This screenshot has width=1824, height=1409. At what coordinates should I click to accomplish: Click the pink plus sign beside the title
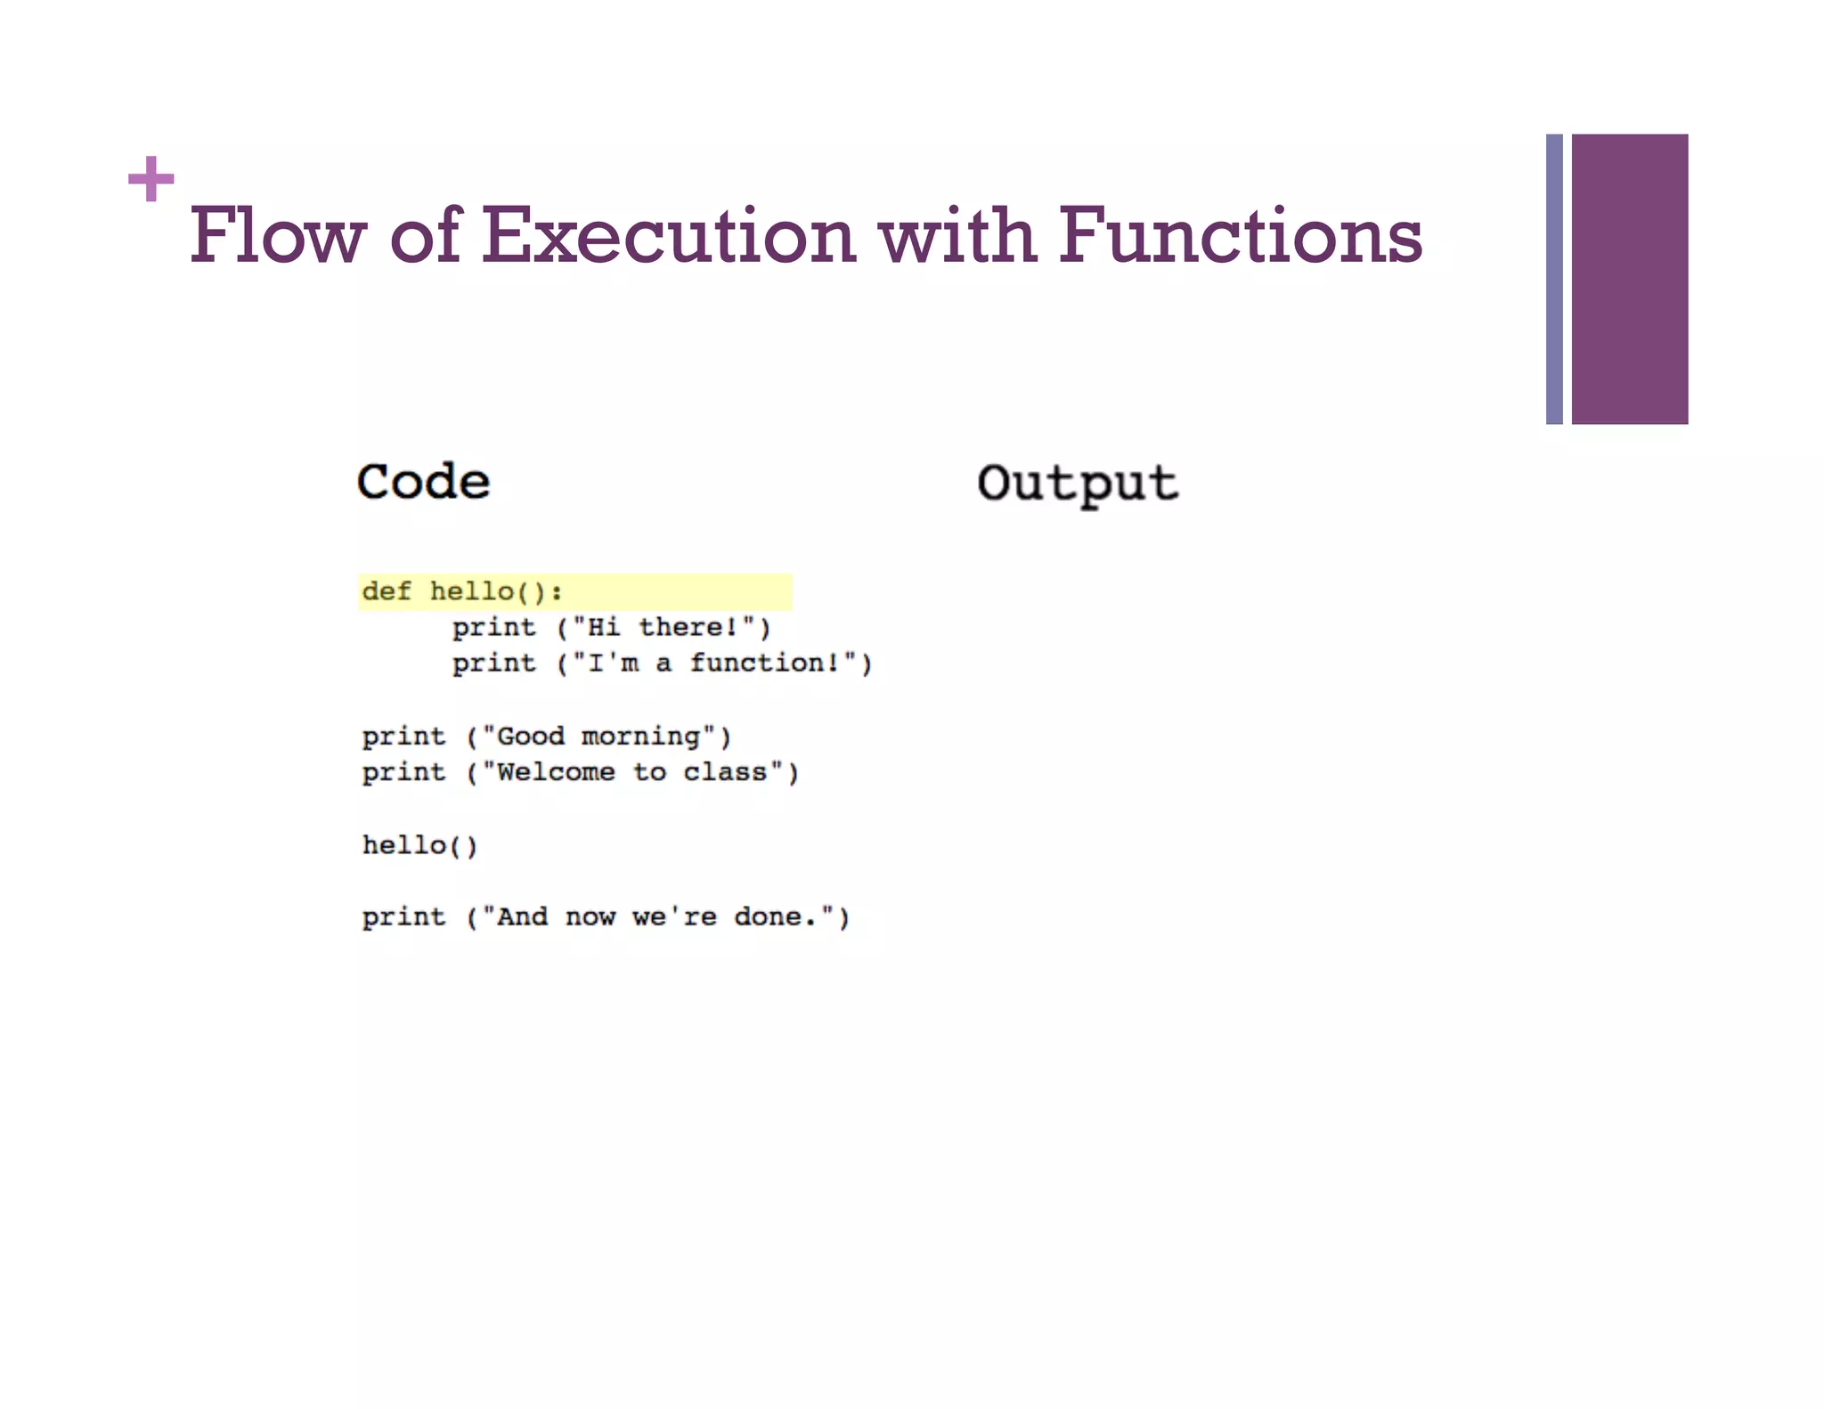coord(151,179)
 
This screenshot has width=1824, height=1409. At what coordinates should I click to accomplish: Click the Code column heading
coord(423,482)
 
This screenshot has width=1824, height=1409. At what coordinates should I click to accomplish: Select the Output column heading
coord(1077,484)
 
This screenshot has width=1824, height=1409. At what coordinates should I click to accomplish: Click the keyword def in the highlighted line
coord(387,591)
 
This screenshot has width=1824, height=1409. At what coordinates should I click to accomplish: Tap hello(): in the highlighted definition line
coord(496,591)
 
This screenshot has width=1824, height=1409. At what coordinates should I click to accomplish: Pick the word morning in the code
coord(640,736)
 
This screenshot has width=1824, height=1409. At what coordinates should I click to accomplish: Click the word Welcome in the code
coord(556,771)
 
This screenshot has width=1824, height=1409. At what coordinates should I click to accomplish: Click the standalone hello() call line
coord(419,844)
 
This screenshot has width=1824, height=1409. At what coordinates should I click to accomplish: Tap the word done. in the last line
coord(775,916)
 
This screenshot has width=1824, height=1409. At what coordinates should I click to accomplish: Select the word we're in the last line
coord(674,916)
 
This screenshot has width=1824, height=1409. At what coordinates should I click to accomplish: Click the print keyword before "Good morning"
coord(403,737)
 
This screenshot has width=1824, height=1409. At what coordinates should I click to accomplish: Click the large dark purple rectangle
coord(1629,279)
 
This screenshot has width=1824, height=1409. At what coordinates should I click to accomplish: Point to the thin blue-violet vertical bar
coord(1554,279)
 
